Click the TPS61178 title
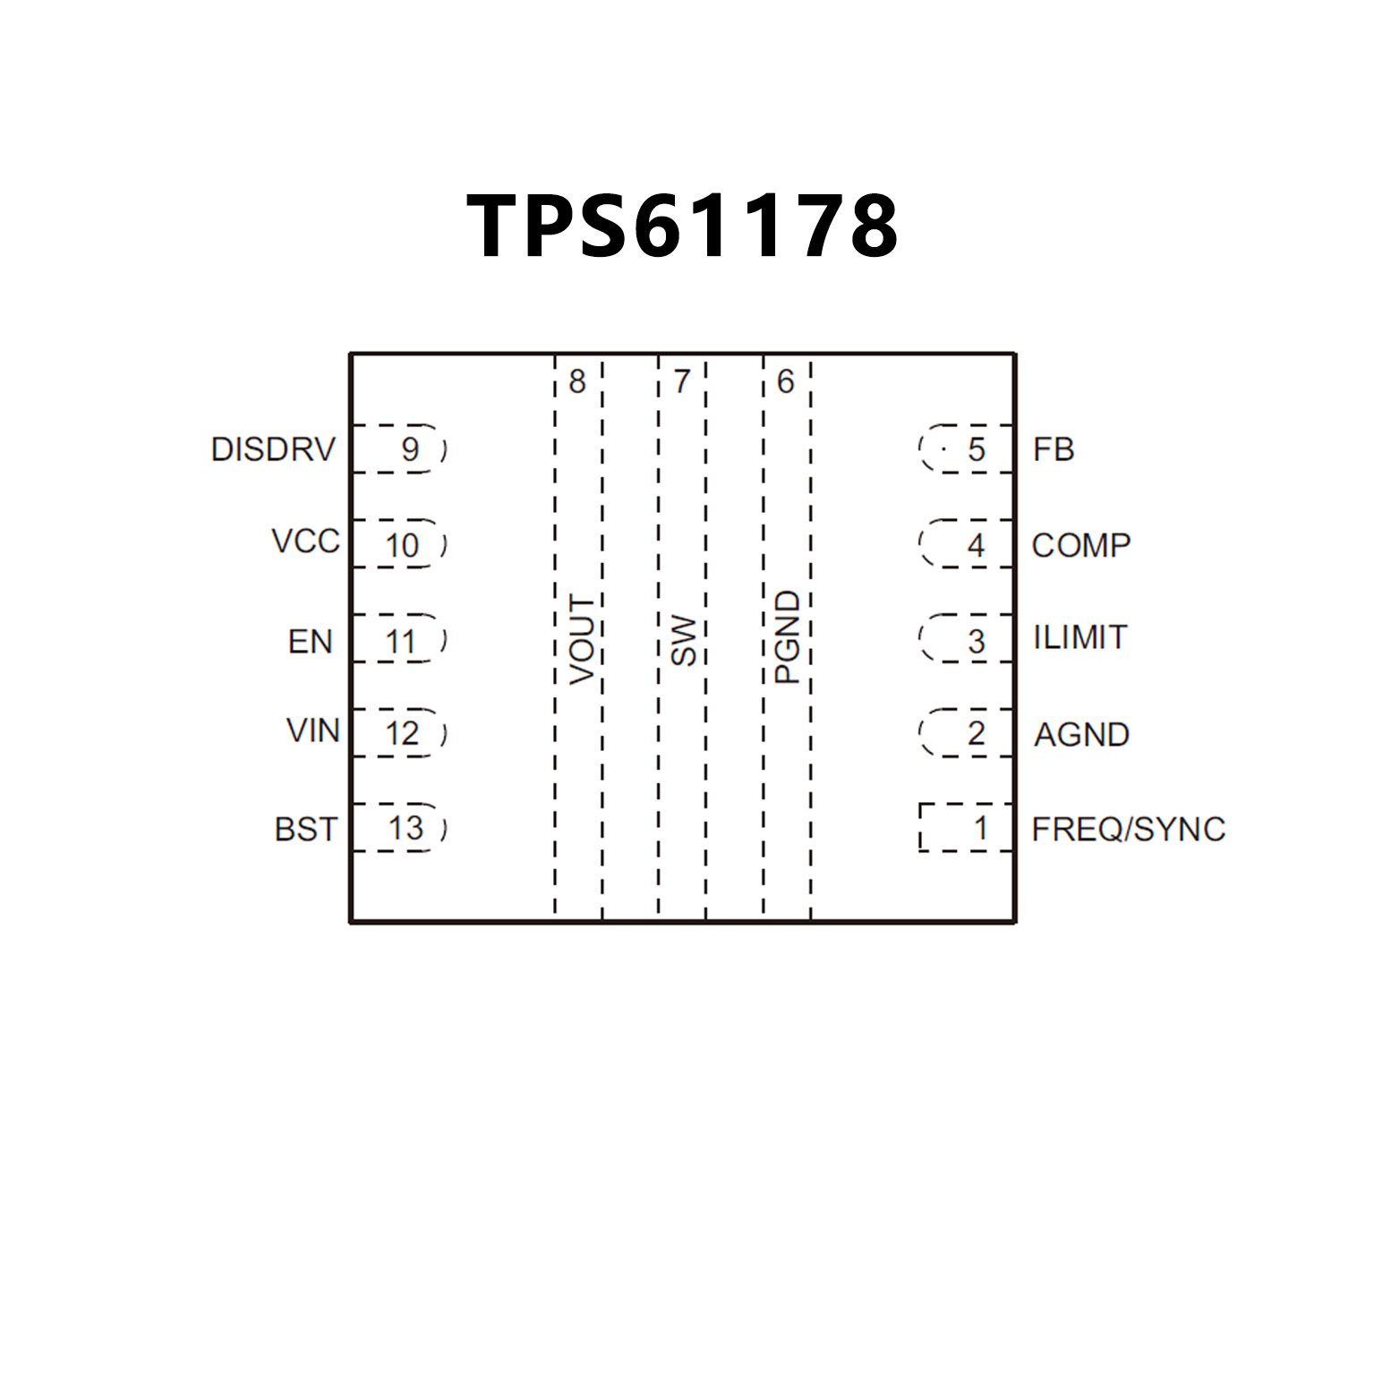point(682,226)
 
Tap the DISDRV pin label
point(273,449)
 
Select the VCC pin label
point(305,542)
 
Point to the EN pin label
point(310,642)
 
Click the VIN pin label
point(312,730)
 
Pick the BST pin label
point(305,830)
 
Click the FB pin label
point(1053,449)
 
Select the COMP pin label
point(1080,545)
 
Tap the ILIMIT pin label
point(1080,637)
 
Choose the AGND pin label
point(1081,735)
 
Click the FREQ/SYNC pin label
point(1128,830)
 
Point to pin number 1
point(981,828)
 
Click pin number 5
point(976,449)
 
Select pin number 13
point(405,828)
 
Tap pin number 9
point(410,449)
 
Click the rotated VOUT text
point(582,639)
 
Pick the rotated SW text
point(684,640)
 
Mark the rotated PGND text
point(787,637)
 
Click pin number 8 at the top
point(577,381)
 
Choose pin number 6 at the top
point(785,381)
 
